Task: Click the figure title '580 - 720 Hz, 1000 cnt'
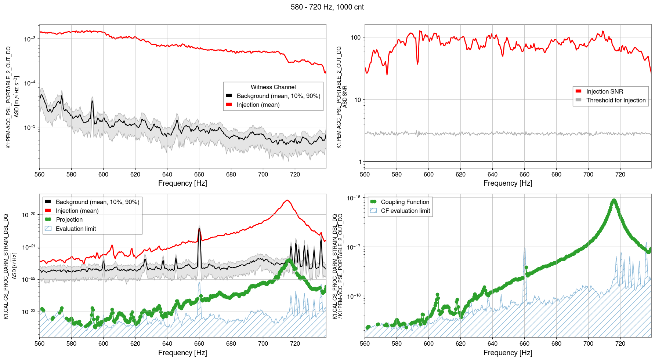[x=327, y=7]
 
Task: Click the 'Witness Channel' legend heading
[x=273, y=87]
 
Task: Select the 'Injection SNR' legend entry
[x=604, y=91]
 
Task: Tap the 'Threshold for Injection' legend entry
[x=616, y=100]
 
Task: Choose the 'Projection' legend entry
[x=69, y=219]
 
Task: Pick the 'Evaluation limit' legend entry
[x=76, y=229]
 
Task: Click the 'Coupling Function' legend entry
[x=405, y=202]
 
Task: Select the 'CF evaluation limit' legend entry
[x=405, y=211]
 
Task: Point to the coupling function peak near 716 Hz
[x=614, y=200]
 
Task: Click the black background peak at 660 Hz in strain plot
[x=199, y=229]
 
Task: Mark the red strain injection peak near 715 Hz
[x=287, y=200]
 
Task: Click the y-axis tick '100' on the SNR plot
[x=356, y=37]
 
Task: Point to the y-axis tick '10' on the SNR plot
[x=357, y=100]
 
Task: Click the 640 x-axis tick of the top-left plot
[x=167, y=174]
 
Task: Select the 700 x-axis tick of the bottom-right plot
[x=588, y=343]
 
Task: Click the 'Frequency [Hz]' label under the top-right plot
[x=508, y=183]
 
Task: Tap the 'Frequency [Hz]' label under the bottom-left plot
[x=182, y=353]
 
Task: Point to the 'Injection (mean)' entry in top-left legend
[x=258, y=105]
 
